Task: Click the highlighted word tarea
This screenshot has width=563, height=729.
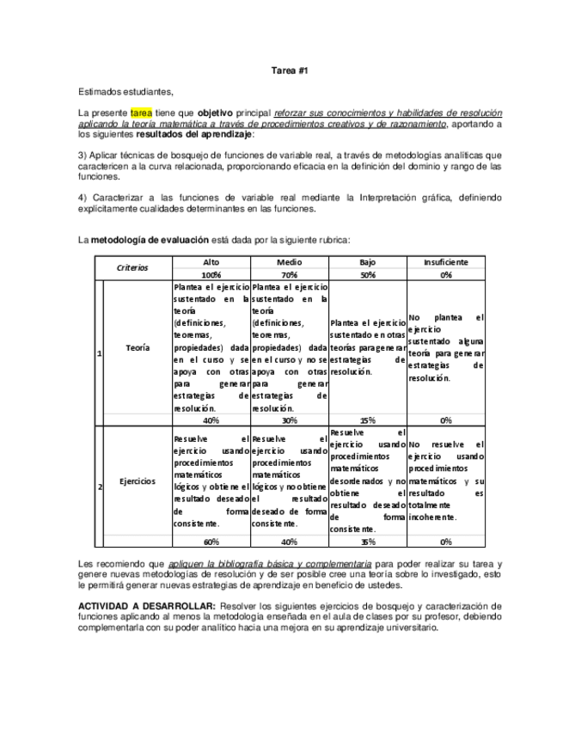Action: click(x=141, y=113)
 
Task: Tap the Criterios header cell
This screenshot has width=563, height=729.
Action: click(x=133, y=267)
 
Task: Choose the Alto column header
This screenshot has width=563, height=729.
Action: click(x=211, y=261)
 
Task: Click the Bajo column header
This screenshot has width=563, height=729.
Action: click(x=367, y=261)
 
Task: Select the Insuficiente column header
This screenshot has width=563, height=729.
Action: click(x=445, y=261)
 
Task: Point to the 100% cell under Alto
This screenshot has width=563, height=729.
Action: click(x=211, y=273)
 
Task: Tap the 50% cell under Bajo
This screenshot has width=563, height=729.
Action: click(x=367, y=273)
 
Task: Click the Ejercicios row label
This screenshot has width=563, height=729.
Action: click(x=136, y=482)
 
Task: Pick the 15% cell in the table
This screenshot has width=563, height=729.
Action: click(x=367, y=420)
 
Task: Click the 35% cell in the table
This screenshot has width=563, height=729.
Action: click(x=367, y=542)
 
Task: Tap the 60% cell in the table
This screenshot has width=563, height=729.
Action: click(x=211, y=542)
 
